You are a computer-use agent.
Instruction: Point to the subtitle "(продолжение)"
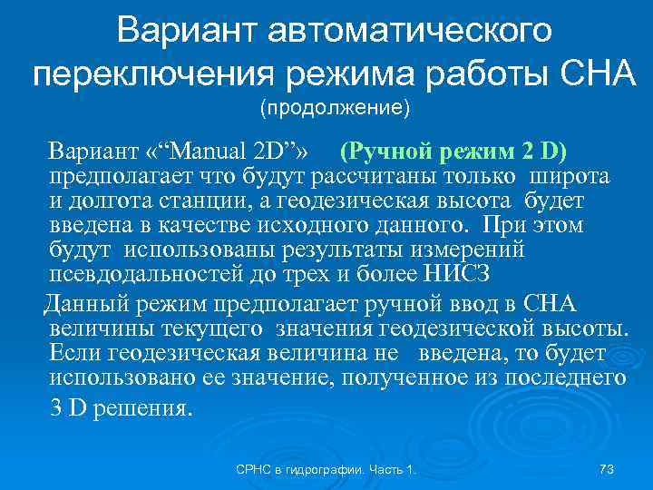(x=336, y=110)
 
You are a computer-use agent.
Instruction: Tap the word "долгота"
(x=107, y=200)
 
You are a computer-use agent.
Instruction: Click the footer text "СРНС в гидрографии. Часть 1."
(x=326, y=469)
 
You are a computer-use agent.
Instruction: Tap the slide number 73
(x=608, y=469)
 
